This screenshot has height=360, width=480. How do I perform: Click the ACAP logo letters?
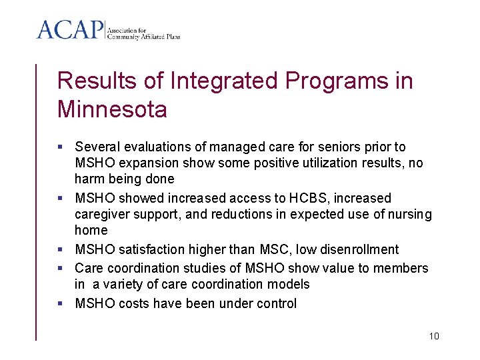point(70,30)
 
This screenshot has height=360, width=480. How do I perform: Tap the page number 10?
point(434,336)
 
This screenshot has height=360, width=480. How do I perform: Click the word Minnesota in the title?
point(112,109)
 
